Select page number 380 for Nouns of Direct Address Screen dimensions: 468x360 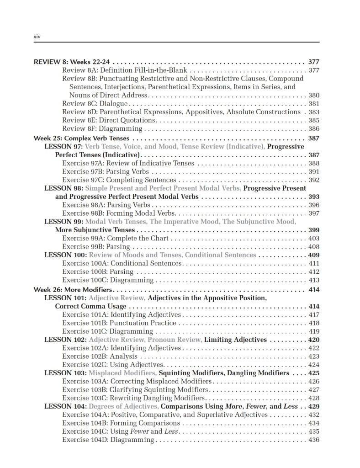coord(314,96)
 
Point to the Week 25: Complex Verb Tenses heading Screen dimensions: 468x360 coord(81,138)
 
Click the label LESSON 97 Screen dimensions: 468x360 coord(63,147)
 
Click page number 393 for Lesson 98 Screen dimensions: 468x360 coord(314,197)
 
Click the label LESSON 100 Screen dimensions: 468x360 coord(65,255)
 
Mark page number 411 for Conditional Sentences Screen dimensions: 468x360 coord(314,263)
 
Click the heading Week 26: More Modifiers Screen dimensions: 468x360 coord(73,290)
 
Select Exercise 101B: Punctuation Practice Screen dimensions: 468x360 coord(119,323)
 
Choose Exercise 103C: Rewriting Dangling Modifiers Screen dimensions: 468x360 coord(130,398)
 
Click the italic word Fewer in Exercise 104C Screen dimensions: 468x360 coord(140,431)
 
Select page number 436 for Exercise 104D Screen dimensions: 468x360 coord(314,440)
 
